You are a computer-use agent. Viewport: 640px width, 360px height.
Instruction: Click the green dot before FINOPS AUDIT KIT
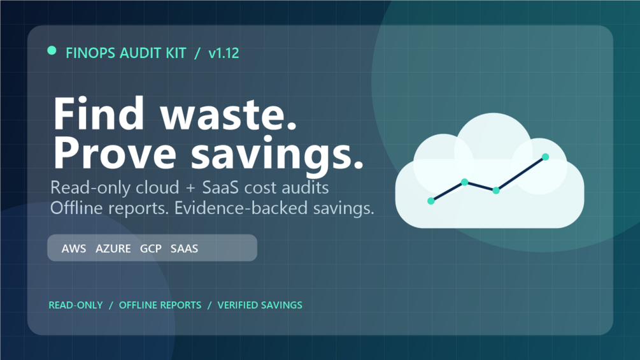click(52, 50)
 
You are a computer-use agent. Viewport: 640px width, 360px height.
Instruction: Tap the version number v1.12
click(224, 53)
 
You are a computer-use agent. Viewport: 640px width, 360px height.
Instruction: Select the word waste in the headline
click(228, 113)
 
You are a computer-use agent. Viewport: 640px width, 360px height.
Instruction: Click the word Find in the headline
click(99, 113)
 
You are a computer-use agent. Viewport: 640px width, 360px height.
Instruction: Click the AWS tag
click(74, 248)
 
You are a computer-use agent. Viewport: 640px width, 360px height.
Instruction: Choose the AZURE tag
click(113, 248)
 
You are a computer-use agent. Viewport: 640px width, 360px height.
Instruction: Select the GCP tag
click(151, 248)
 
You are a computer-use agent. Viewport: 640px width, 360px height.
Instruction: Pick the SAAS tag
click(184, 248)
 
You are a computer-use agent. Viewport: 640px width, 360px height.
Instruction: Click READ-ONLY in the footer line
click(76, 305)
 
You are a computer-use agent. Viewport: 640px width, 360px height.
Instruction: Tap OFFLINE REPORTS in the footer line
click(160, 305)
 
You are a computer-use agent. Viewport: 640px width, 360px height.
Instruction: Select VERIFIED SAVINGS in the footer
click(260, 305)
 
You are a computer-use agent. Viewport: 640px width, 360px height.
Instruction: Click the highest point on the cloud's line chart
click(545, 157)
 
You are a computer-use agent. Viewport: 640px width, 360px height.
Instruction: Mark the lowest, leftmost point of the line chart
click(430, 201)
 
